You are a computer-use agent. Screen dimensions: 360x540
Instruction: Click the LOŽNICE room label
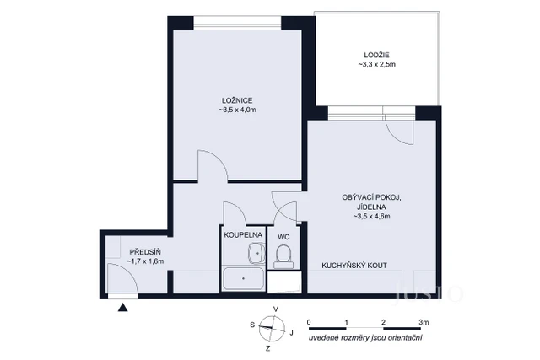pyautogui.click(x=237, y=99)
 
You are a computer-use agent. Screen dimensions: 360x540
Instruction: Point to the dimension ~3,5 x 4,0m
pyautogui.click(x=237, y=110)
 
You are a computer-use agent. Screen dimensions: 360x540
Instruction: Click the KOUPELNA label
pyautogui.click(x=243, y=236)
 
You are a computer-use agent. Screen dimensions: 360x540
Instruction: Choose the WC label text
pyautogui.click(x=283, y=236)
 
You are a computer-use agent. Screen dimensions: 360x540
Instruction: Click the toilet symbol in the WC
pyautogui.click(x=284, y=254)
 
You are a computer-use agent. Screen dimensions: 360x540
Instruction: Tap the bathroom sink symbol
pyautogui.click(x=254, y=250)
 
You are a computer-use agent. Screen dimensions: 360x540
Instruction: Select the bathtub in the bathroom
pyautogui.click(x=243, y=278)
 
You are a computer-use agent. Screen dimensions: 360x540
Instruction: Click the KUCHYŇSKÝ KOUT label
pyautogui.click(x=354, y=265)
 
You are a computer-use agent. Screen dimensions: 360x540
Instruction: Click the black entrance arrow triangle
pyautogui.click(x=124, y=308)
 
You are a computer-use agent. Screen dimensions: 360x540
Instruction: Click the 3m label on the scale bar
pyautogui.click(x=424, y=322)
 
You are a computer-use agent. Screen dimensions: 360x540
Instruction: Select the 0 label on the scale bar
pyautogui.click(x=309, y=322)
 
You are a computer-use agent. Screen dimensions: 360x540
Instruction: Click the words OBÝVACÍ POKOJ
pyautogui.click(x=372, y=196)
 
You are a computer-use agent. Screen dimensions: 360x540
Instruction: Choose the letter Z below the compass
pyautogui.click(x=268, y=347)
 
